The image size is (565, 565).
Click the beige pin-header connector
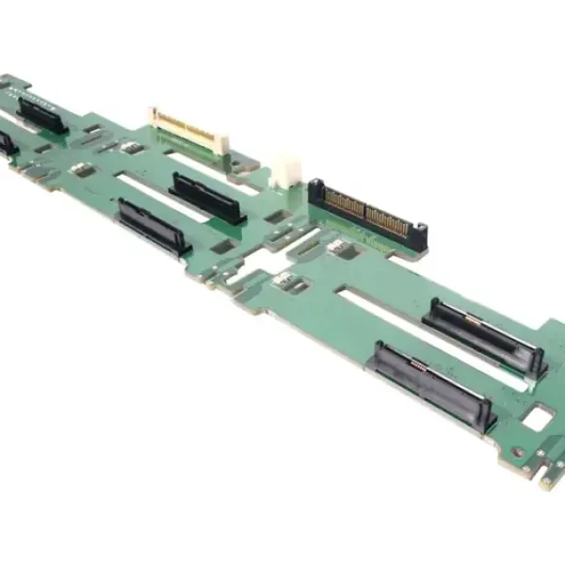(187, 128)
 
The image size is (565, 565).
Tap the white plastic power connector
(285, 170)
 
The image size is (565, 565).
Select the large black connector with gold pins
(368, 215)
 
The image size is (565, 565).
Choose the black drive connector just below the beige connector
(207, 198)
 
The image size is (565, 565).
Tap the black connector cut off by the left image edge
(8, 144)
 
